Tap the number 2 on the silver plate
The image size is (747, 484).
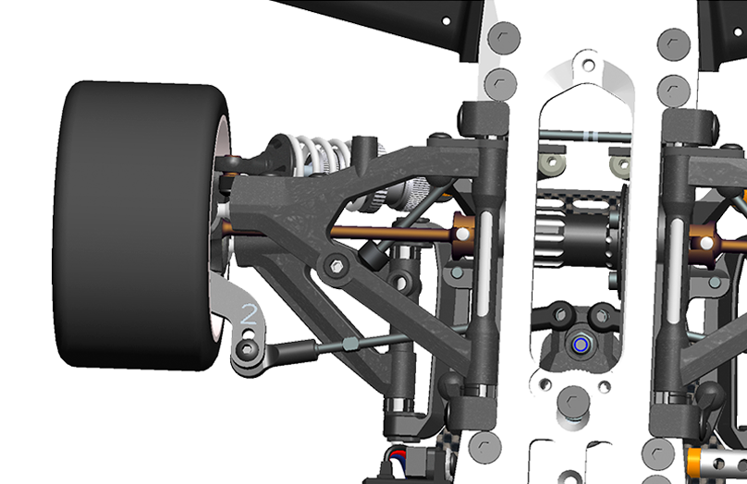click(250, 315)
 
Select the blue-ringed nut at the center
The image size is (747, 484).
click(580, 345)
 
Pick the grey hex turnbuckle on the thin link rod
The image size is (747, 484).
click(349, 343)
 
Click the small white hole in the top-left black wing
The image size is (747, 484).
click(446, 21)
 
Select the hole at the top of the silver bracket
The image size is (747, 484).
click(589, 65)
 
